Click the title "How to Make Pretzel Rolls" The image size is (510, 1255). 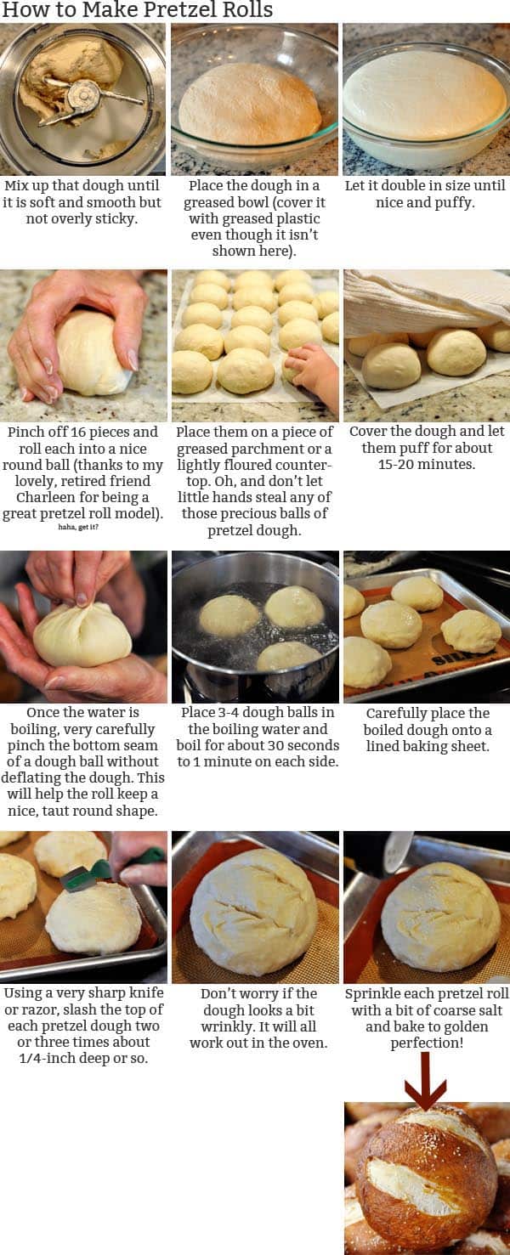pos(137,11)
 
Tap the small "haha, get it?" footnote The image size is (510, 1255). pos(83,527)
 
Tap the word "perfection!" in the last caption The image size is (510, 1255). pos(427,1043)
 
